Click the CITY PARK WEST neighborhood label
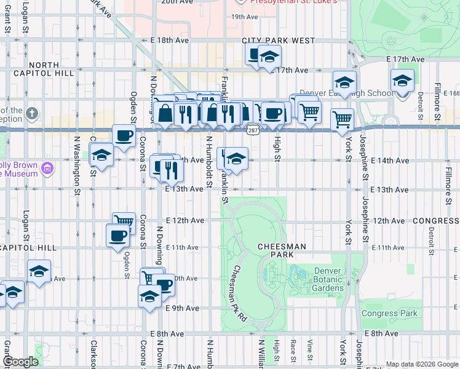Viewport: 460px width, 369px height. pos(278,41)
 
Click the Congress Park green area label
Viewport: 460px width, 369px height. pos(389,313)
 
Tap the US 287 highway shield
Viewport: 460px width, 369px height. pos(252,130)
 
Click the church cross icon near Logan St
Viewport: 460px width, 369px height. pos(32,114)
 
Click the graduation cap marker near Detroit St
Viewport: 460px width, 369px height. pos(402,81)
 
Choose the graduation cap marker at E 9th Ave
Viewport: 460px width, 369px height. pos(149,296)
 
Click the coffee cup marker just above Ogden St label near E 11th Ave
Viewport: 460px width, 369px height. pos(117,234)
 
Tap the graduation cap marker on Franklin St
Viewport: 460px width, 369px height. pos(236,159)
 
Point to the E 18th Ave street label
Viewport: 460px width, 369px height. pos(169,40)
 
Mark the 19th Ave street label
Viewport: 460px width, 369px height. pos(244,17)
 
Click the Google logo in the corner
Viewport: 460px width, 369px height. pos(21,362)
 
